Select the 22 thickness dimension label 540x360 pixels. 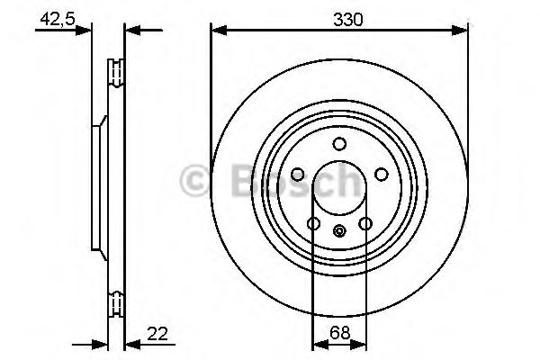(158, 335)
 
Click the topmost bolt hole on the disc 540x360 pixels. (339, 144)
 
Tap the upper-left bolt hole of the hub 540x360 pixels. (298, 175)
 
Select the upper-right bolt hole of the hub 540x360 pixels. (381, 175)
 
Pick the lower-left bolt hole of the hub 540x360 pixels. (314, 223)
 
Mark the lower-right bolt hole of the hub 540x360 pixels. (364, 223)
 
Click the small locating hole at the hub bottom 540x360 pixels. (339, 231)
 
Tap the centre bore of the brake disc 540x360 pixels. (339, 189)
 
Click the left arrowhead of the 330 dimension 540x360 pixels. (217, 31)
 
